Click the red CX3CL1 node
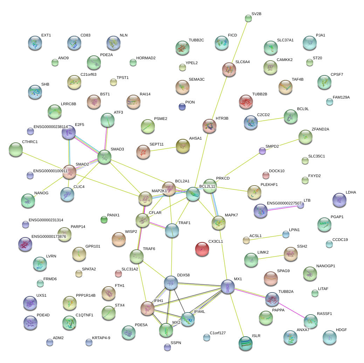coord(202,249)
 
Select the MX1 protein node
coord(228,287)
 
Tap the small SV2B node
coord(248,19)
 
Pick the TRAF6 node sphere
coord(136,257)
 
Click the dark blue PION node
coord(182,107)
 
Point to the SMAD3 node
coord(104,157)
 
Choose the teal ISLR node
coord(245,343)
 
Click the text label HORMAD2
coord(146,58)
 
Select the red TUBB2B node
coord(246,102)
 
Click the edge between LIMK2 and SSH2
coord(270,256)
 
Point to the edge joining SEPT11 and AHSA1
coord(163,149)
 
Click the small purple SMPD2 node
coord(262,151)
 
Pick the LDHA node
coord(339,200)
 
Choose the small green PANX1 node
coord(104,220)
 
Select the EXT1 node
coord(35,43)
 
